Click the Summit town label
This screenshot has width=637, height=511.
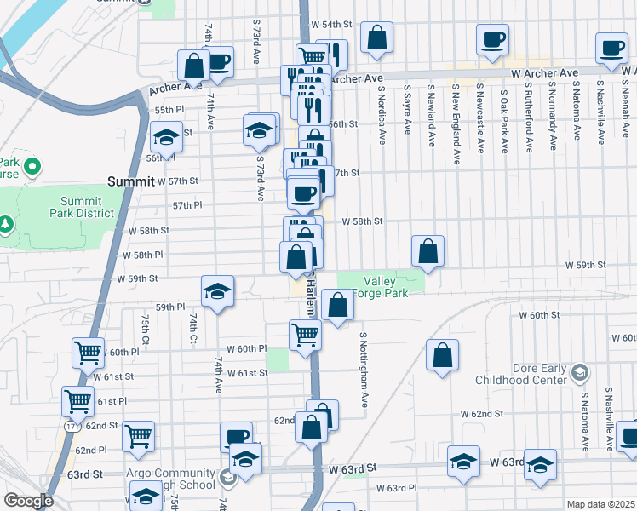point(129,181)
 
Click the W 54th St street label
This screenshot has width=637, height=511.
point(331,24)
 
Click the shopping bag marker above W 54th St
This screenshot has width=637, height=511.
point(376,38)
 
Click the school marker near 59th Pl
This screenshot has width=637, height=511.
point(217,291)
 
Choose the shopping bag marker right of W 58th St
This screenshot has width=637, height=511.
point(428,251)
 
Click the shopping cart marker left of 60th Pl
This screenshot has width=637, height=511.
point(89,352)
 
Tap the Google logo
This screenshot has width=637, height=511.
point(28,501)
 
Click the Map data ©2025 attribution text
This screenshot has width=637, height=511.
point(600,504)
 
